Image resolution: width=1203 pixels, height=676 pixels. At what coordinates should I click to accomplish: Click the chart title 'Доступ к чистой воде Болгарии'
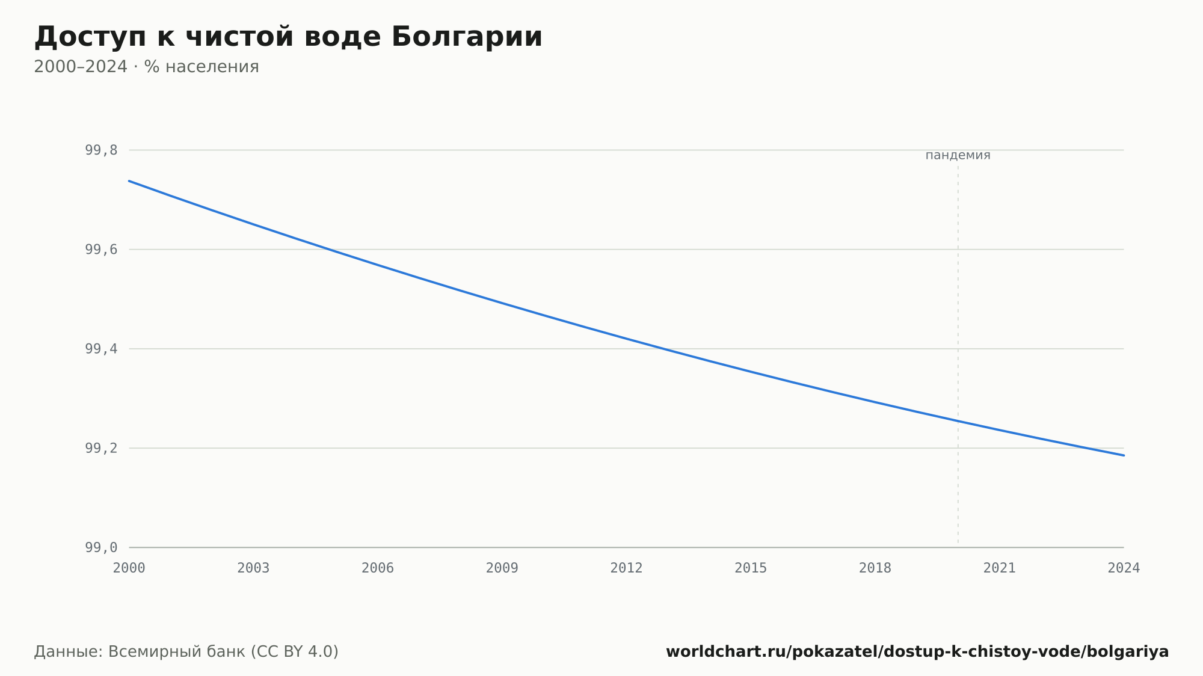click(288, 37)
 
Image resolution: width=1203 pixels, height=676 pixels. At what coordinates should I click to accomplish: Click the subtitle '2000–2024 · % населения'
click(146, 67)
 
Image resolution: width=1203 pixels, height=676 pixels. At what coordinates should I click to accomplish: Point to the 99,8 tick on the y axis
click(101, 150)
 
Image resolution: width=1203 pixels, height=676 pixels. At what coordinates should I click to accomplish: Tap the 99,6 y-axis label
click(101, 250)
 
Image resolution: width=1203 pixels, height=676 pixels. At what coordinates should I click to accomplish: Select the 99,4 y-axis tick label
click(101, 349)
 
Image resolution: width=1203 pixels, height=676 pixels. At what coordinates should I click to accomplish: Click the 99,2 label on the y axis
click(101, 448)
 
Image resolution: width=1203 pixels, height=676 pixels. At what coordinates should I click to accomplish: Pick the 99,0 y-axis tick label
click(101, 547)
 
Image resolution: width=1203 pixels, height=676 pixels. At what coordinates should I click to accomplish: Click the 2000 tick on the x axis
click(129, 568)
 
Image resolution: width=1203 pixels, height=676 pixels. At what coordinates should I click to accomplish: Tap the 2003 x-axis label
click(253, 568)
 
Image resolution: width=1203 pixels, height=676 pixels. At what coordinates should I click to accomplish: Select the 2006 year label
click(378, 568)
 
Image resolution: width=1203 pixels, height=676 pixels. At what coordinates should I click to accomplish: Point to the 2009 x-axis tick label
click(502, 568)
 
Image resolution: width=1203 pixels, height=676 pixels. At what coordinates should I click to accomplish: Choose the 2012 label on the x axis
click(627, 568)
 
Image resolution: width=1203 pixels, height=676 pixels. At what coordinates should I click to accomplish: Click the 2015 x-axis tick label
click(751, 568)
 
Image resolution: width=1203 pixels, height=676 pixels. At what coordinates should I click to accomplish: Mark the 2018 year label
click(875, 568)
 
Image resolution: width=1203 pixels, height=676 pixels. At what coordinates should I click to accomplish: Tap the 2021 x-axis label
click(1000, 568)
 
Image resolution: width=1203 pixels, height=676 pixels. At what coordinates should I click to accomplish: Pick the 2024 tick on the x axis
click(1124, 568)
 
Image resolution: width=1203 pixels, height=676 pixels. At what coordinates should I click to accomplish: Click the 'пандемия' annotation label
click(958, 155)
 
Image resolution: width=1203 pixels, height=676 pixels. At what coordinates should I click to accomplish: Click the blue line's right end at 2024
click(1124, 455)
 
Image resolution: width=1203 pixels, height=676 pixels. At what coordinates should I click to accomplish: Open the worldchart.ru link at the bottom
click(917, 652)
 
